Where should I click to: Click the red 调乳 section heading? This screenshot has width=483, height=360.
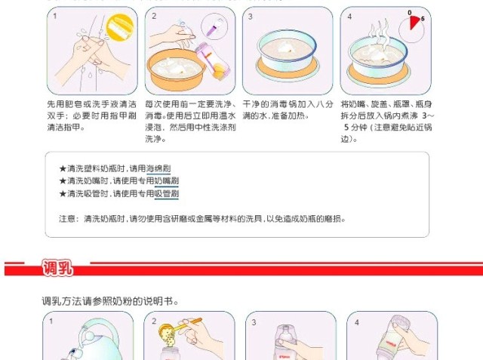(x=57, y=268)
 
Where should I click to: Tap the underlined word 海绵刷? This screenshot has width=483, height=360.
(x=158, y=168)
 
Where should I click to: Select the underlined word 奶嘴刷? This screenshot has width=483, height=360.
(x=166, y=181)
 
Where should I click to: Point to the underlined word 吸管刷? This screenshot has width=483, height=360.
(x=166, y=193)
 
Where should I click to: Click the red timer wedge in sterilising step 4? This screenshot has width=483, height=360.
(x=414, y=22)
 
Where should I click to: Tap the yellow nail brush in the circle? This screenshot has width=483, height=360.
(x=120, y=26)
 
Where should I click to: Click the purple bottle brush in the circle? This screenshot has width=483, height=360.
(x=214, y=27)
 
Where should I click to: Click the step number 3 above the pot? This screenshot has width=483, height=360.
(x=250, y=17)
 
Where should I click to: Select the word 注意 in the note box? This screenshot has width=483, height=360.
(x=67, y=219)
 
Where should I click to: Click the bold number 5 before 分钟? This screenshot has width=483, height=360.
(x=346, y=128)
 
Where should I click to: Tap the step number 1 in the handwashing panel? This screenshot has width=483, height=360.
(x=55, y=16)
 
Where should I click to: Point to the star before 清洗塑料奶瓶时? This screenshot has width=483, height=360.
(x=63, y=168)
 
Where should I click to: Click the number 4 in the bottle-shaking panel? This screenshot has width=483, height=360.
(x=357, y=322)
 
